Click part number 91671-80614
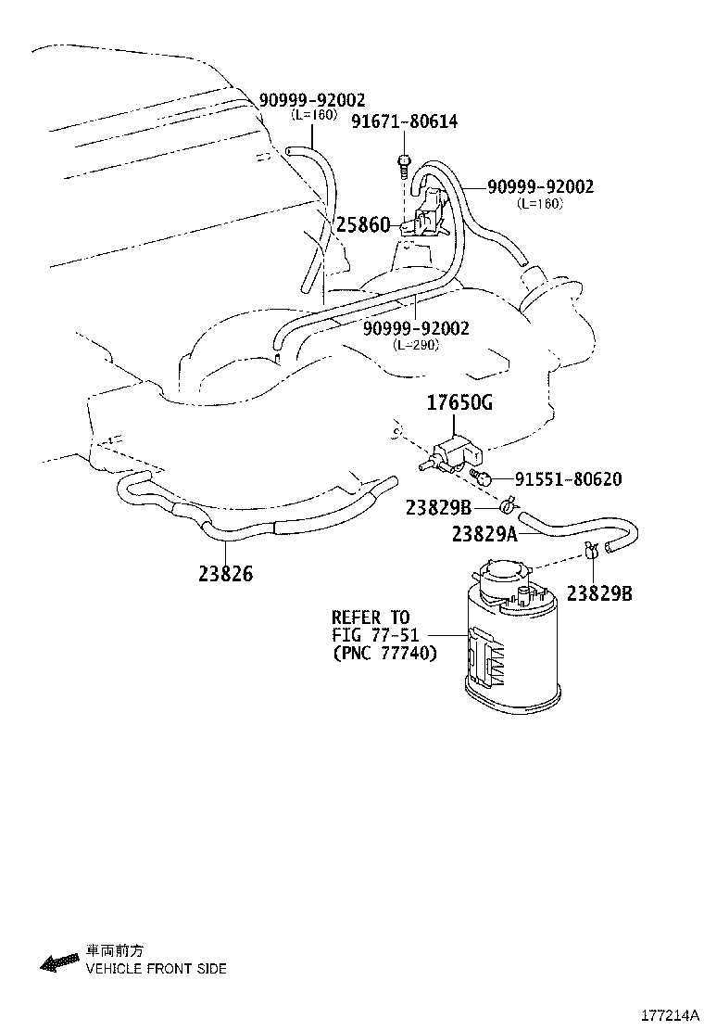pos(404,122)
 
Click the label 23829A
pos(484,533)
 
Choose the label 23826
pos(225,574)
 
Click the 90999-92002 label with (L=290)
pos(416,328)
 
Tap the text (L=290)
pos(416,344)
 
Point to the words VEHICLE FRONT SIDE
pos(156,969)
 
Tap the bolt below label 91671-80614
pos(405,166)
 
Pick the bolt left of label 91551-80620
pos(481,477)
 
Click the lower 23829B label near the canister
pos(599,592)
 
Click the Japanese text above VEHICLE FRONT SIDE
pos(115,951)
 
